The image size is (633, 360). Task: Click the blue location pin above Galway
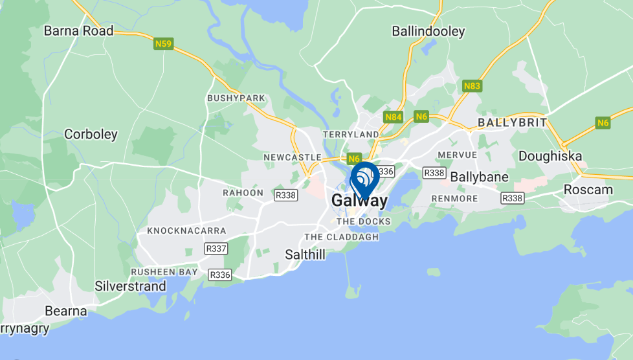click(x=364, y=178)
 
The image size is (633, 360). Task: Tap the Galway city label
click(x=359, y=201)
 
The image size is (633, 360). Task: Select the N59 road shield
click(x=163, y=44)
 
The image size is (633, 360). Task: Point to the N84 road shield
click(x=394, y=117)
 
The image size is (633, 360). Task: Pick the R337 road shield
click(x=216, y=248)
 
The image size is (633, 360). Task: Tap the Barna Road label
click(x=78, y=30)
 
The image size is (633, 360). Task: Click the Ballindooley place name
click(x=428, y=30)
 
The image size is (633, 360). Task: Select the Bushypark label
click(x=236, y=98)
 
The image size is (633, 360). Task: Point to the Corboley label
click(x=91, y=135)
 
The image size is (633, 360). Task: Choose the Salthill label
click(x=305, y=254)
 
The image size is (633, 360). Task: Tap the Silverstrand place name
click(x=130, y=286)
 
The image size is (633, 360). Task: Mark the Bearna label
click(x=66, y=311)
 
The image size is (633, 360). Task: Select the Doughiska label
click(x=550, y=156)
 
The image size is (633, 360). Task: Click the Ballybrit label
click(x=512, y=122)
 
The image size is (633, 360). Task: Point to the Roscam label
click(x=588, y=190)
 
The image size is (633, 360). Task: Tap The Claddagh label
click(x=342, y=237)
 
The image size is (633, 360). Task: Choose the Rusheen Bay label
click(x=164, y=272)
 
